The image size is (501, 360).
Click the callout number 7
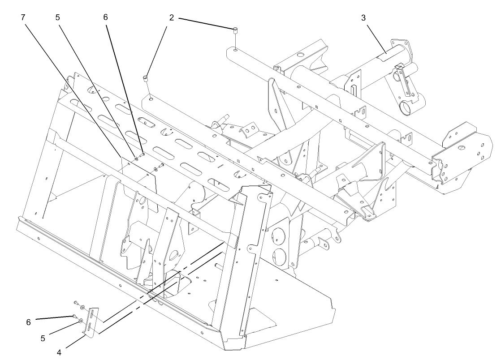point(22,17)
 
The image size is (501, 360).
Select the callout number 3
point(363,17)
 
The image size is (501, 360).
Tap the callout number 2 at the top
point(172,17)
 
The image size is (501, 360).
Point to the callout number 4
point(58,351)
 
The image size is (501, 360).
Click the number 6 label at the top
point(106,17)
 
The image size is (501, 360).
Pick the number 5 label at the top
point(57,17)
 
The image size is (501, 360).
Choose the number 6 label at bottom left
point(28,322)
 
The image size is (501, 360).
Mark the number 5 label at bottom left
point(43,338)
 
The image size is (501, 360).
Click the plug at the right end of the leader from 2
point(234,31)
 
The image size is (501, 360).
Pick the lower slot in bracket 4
point(89,327)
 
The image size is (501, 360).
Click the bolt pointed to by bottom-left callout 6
point(75,316)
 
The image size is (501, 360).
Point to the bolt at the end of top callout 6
point(142,155)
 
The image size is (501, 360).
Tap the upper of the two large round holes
point(279,236)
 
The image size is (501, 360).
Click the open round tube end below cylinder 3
point(406,107)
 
